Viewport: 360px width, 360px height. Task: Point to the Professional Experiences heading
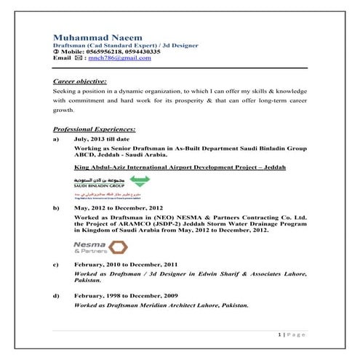click(x=95, y=129)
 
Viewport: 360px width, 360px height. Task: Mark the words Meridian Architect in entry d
click(x=164, y=305)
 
